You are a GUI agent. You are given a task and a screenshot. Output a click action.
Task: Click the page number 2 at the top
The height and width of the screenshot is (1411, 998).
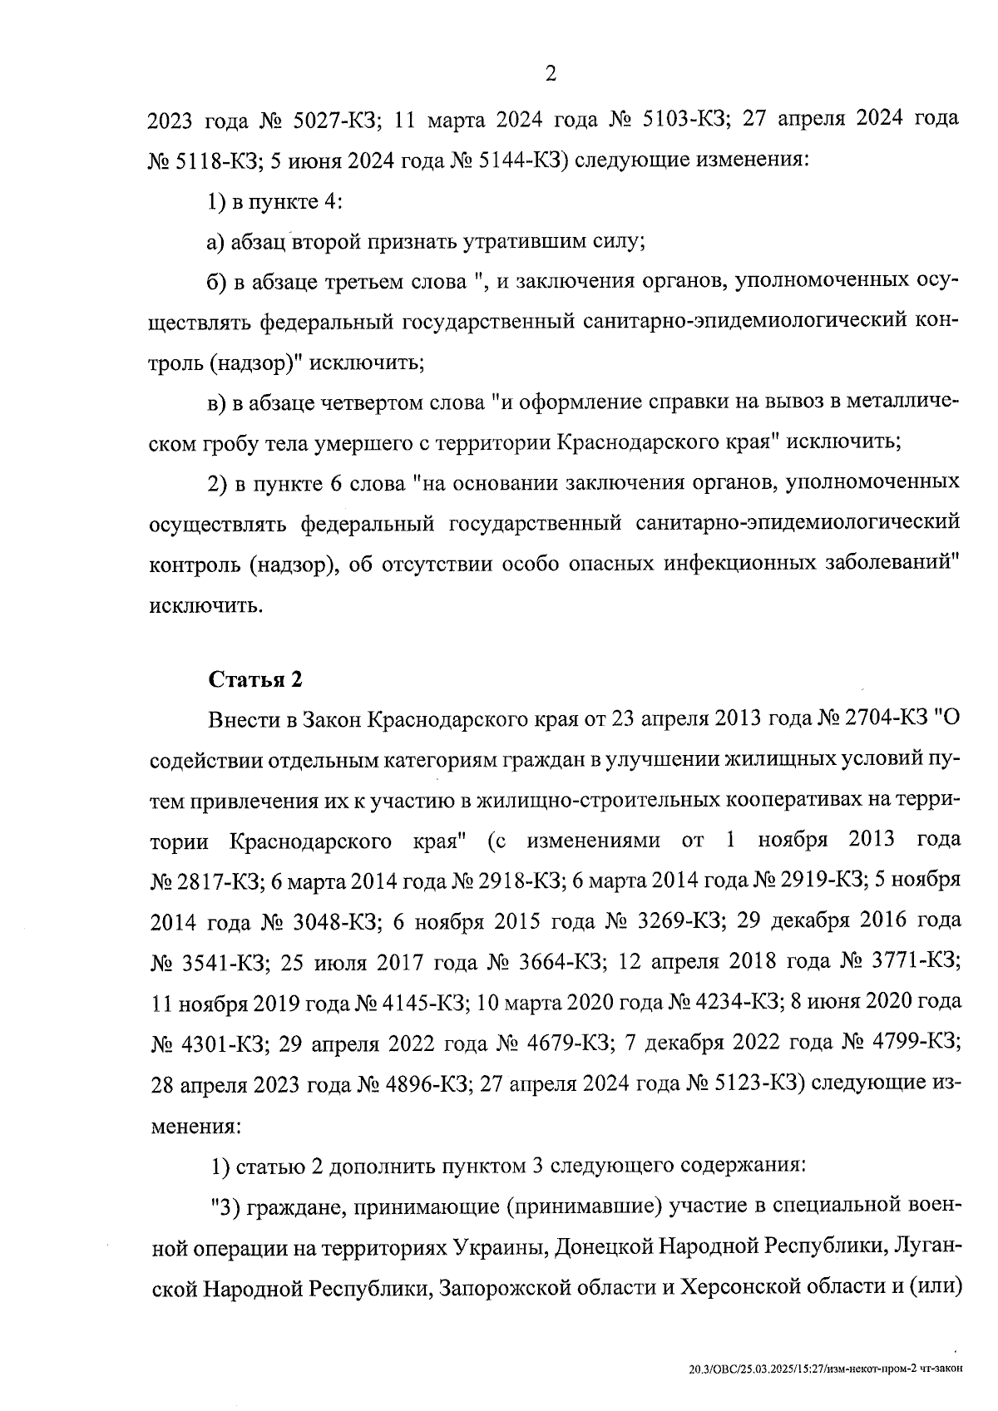tap(550, 75)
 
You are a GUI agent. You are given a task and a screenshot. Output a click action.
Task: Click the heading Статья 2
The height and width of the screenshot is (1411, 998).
tap(254, 679)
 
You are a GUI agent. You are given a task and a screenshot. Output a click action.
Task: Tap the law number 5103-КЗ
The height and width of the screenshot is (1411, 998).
tap(675, 120)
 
